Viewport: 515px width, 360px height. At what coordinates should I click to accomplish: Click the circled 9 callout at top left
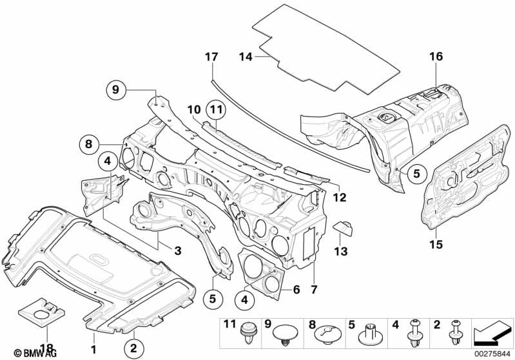tap(116, 90)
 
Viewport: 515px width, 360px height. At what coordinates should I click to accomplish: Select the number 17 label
tap(208, 57)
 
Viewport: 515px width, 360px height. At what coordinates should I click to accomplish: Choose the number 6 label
tap(296, 290)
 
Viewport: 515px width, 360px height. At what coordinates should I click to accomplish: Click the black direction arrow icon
tap(492, 333)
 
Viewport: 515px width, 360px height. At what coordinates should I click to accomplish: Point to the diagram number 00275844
tap(492, 354)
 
